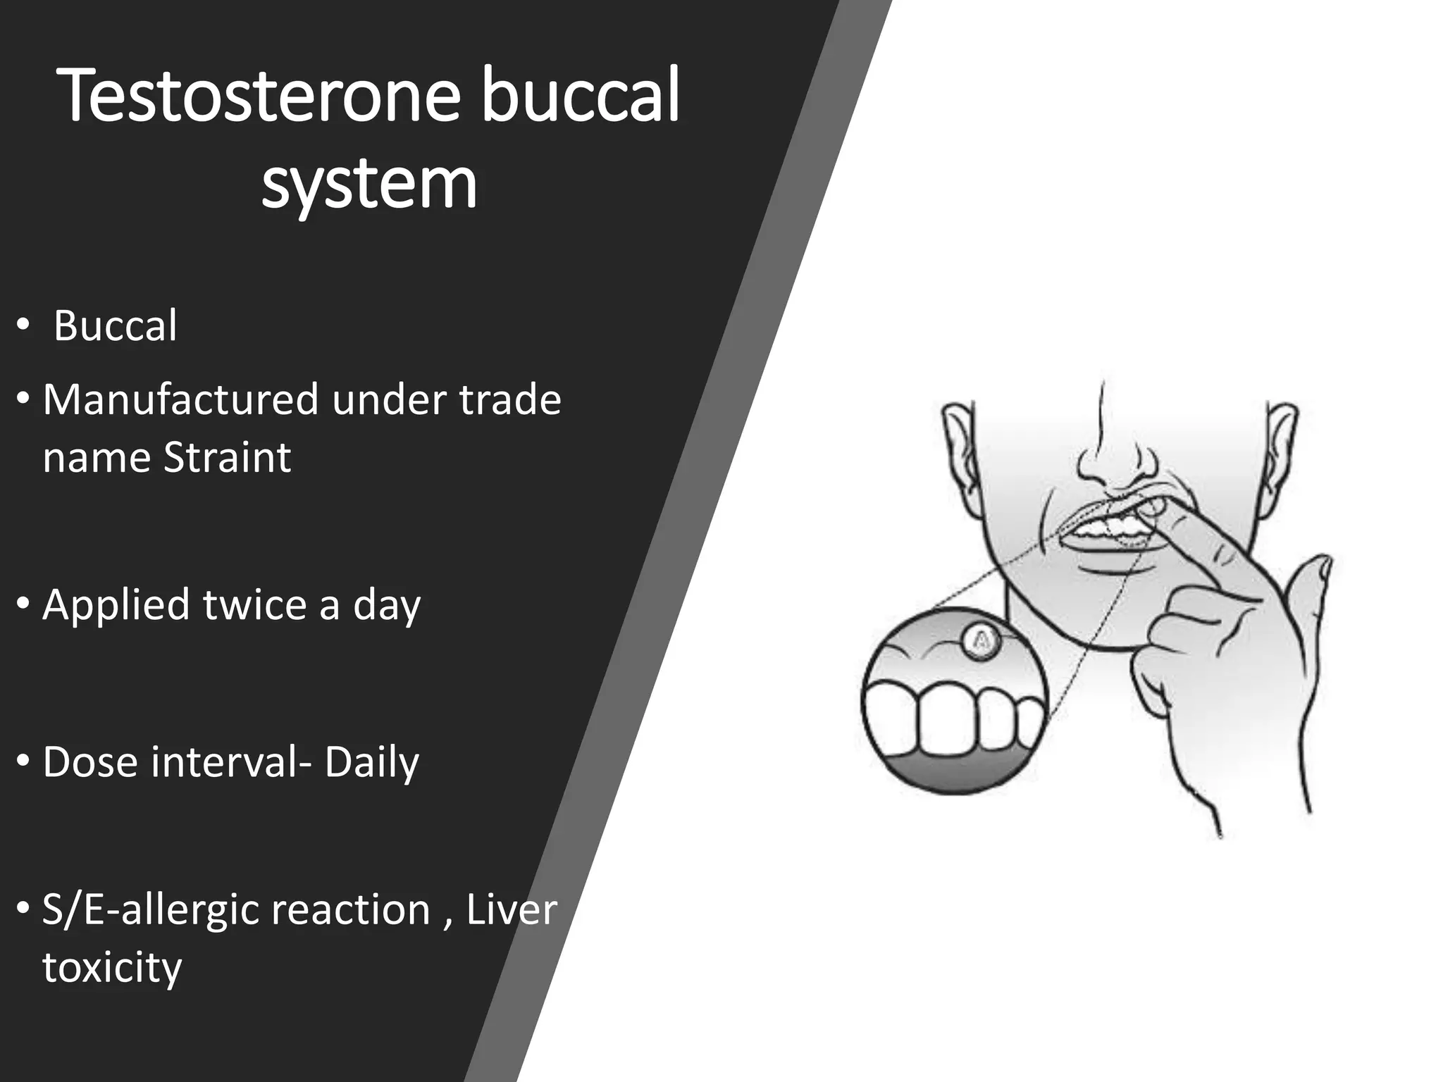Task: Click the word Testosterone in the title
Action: pos(261,97)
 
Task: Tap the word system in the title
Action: pos(369,184)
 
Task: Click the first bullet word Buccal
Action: pos(116,326)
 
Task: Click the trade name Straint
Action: pos(227,458)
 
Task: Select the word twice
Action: pos(255,605)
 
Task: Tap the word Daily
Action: pos(371,763)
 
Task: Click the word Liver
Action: pos(512,909)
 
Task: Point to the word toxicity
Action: pos(112,968)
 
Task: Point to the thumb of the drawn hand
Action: pos(1311,585)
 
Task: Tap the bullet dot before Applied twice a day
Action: pos(23,604)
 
